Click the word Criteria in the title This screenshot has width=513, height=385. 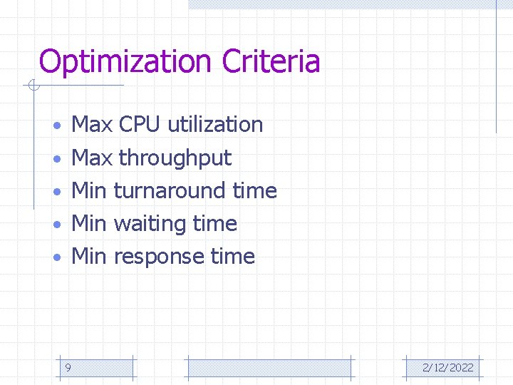point(271,61)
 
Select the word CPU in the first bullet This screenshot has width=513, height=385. point(140,125)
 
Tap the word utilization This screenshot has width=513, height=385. point(215,125)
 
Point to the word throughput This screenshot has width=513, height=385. point(175,158)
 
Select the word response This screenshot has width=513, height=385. point(159,256)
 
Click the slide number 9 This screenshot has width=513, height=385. point(67,368)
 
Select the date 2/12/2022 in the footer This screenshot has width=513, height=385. point(447,368)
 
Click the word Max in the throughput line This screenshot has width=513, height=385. point(93,158)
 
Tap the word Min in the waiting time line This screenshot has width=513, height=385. point(89,223)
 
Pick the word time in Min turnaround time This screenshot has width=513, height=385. point(254,190)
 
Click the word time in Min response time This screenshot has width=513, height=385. point(233,256)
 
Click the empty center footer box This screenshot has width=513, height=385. point(269,368)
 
